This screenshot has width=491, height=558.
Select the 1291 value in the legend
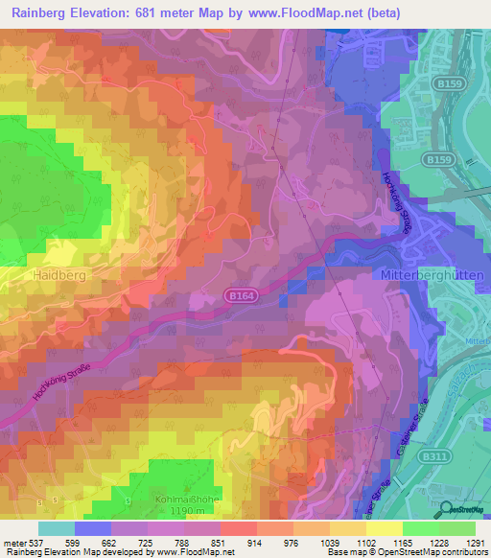point(475,542)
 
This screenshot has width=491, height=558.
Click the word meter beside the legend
point(13,542)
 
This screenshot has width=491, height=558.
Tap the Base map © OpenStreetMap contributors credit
point(408,552)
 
